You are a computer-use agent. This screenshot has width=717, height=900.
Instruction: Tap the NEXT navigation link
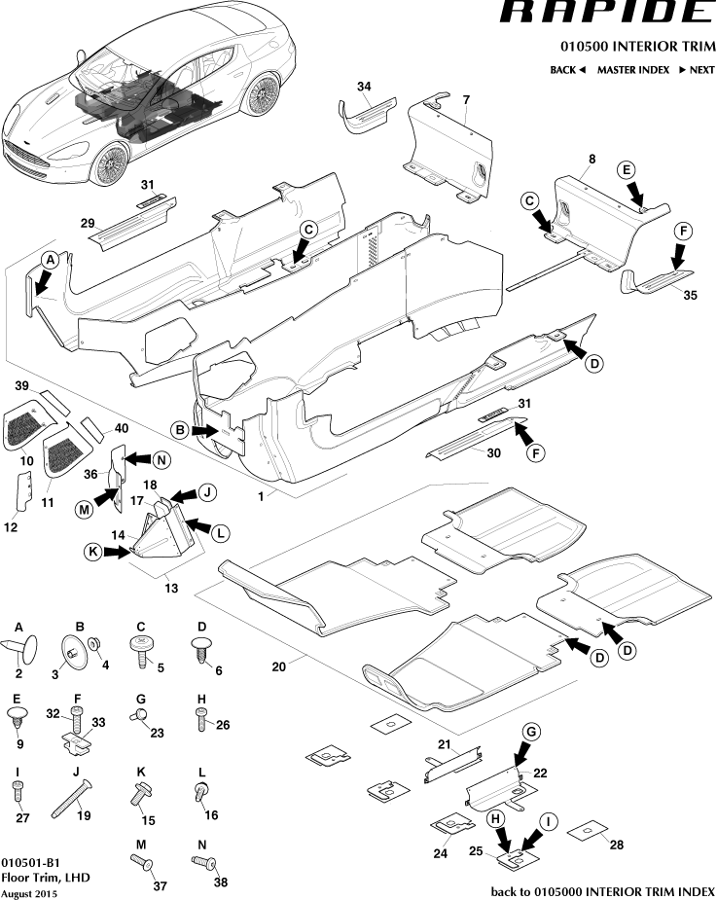coord(697,70)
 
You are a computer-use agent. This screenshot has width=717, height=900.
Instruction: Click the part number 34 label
coord(363,87)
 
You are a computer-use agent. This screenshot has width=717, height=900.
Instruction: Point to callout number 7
coord(466,100)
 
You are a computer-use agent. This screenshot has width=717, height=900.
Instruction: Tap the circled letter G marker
coord(531,731)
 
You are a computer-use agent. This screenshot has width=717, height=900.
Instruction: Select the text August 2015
coord(28,893)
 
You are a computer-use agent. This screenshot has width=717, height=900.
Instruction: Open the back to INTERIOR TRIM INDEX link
coord(603,891)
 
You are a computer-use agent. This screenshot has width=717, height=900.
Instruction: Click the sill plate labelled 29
coord(132,222)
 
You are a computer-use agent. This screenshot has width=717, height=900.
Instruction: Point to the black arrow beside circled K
coord(119,552)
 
